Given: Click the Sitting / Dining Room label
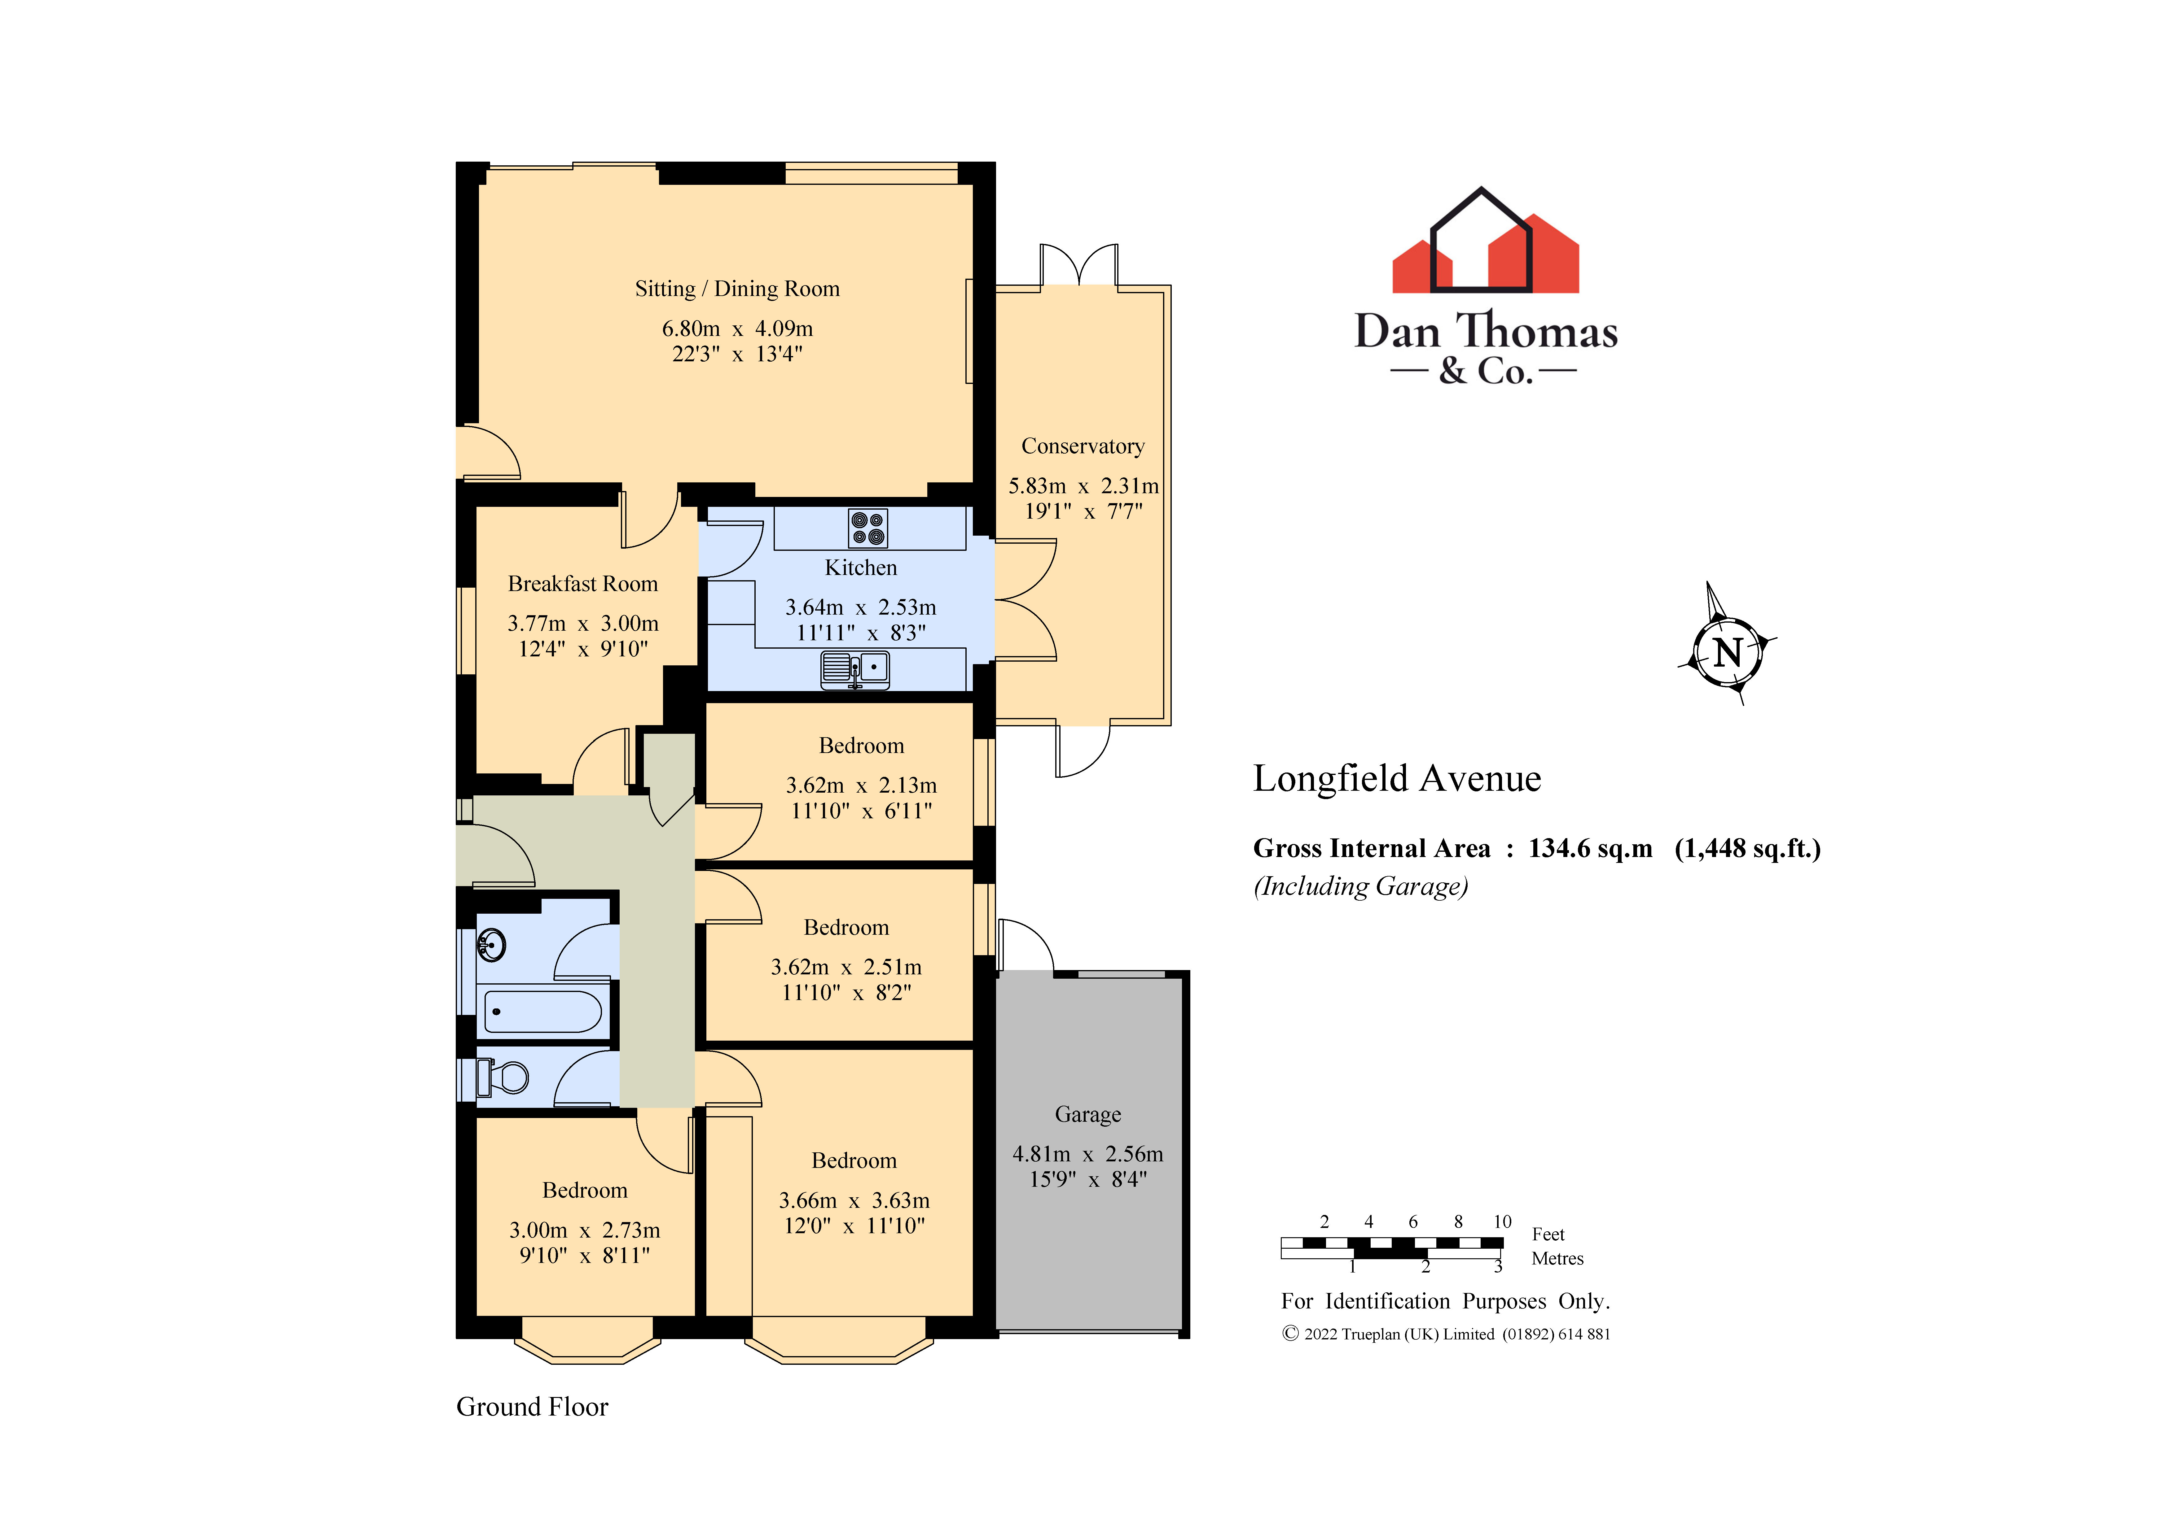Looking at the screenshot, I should (737, 289).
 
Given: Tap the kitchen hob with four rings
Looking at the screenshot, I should (867, 528).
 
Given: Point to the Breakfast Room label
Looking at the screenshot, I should (582, 584).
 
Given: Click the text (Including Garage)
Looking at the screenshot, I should (1361, 887).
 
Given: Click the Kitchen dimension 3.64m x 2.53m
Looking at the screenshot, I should (860, 607).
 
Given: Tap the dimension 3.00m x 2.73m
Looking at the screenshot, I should (584, 1230).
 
